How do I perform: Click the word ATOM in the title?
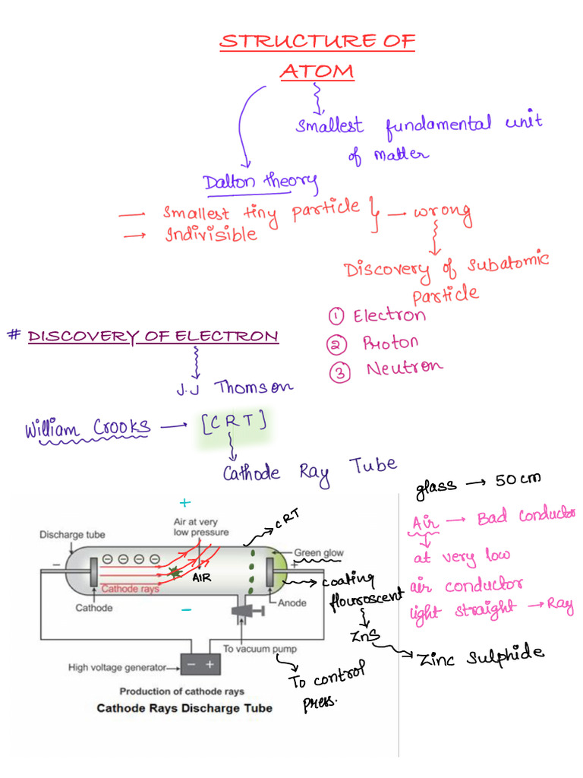[317, 71]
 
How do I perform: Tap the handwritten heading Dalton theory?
[260, 182]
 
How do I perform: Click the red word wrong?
[443, 215]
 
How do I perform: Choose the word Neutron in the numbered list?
[404, 368]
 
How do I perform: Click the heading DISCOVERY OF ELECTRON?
[153, 336]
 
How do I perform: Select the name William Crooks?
[87, 429]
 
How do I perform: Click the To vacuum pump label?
[260, 649]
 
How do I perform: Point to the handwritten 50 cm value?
[519, 480]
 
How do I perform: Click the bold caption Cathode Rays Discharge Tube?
[184, 708]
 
